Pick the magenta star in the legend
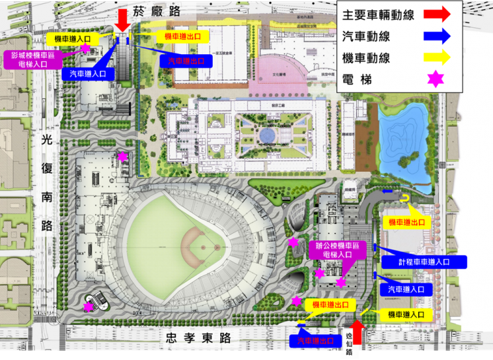(436, 80)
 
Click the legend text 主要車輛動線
(379, 15)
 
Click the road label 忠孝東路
(198, 338)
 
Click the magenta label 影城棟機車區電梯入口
(34, 60)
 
